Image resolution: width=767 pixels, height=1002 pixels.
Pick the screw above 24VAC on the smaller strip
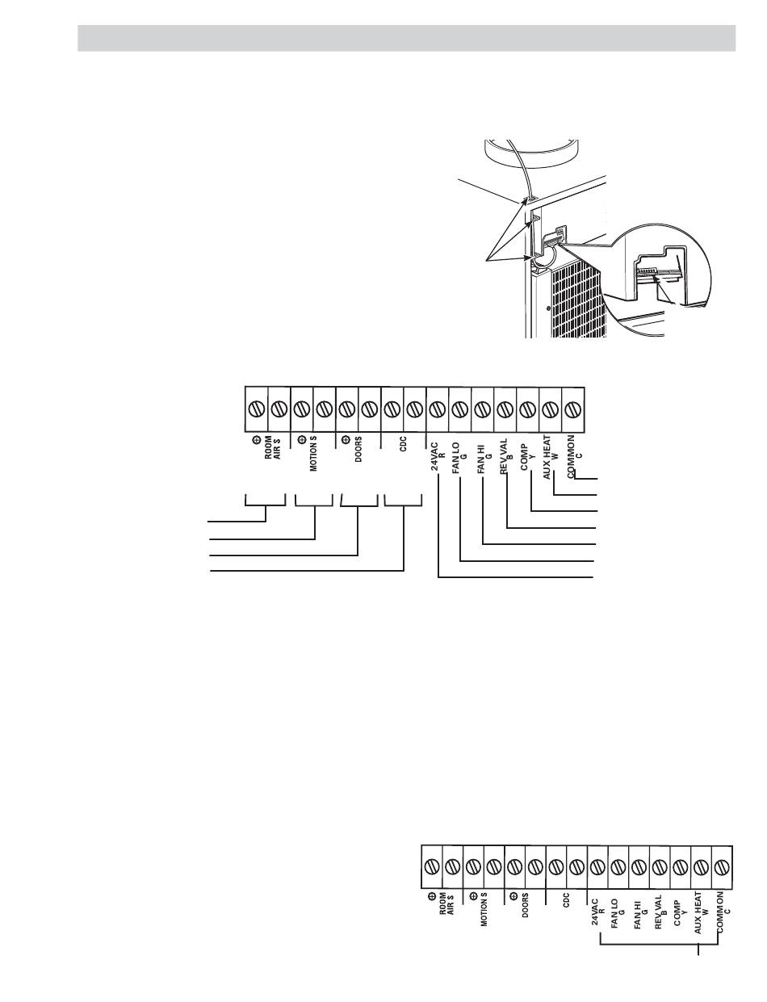pyautogui.click(x=597, y=866)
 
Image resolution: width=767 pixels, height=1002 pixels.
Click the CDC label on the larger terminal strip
pyautogui.click(x=403, y=443)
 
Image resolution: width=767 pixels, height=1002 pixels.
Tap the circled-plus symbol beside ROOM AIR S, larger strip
pyautogui.click(x=256, y=440)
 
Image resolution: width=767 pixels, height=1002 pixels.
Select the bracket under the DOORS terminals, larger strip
pyautogui.click(x=359, y=505)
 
